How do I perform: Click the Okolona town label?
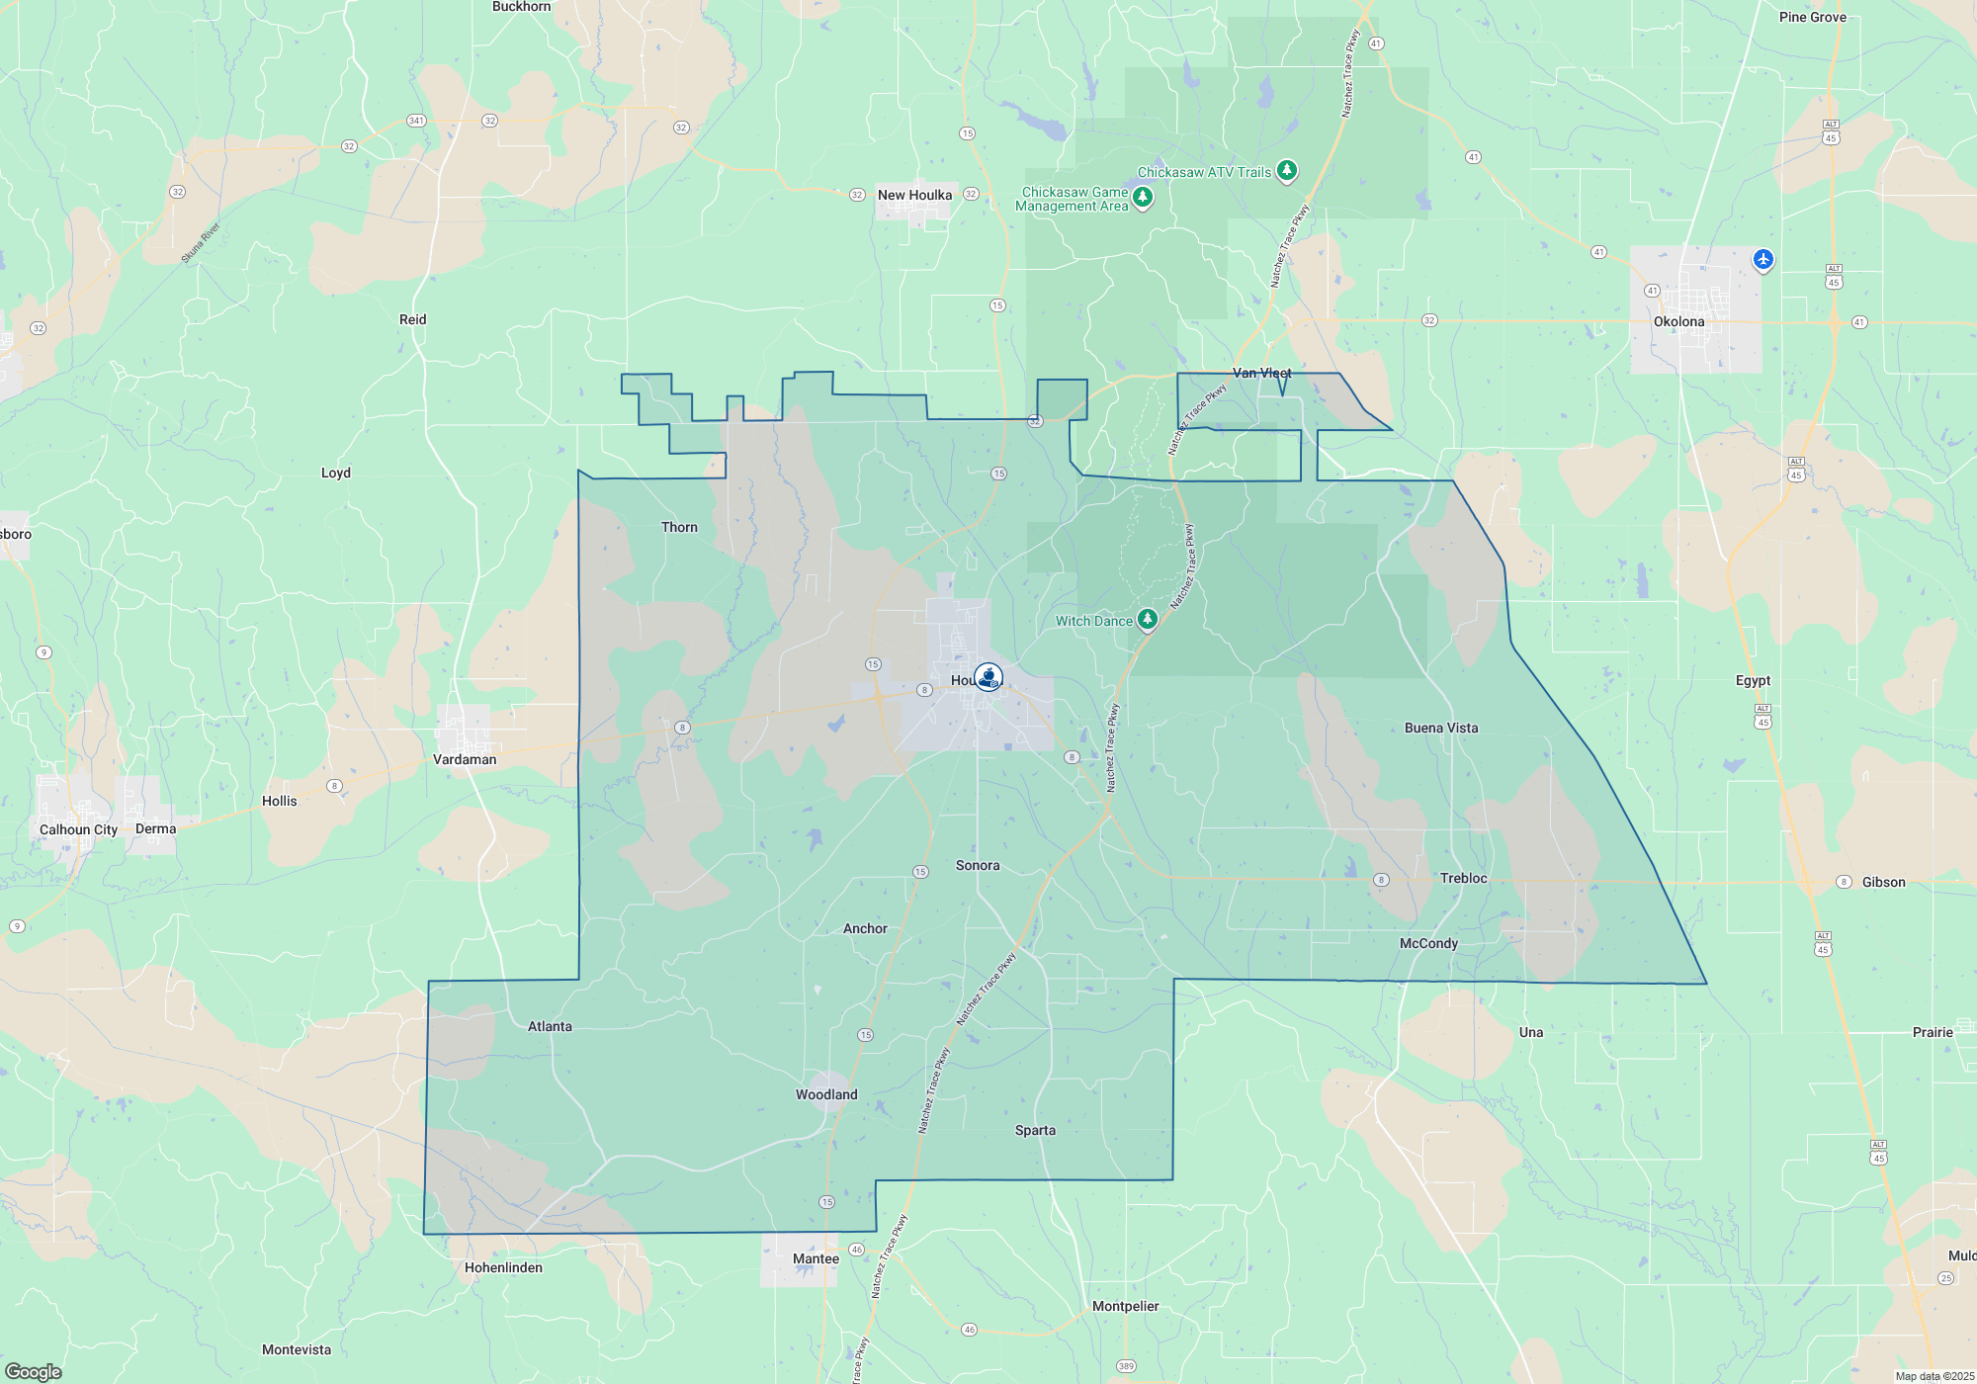coord(1678,321)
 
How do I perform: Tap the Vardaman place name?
coord(465,759)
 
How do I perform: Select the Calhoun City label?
coord(78,829)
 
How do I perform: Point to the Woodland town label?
coord(826,1094)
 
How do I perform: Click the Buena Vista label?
coord(1441,728)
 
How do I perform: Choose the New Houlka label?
coord(914,195)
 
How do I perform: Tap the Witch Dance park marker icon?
coord(1147,620)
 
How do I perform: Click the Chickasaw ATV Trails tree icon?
coord(1286,171)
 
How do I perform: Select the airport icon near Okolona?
coord(1762,259)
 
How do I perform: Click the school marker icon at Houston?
coord(988,677)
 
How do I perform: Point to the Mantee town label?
coord(816,1258)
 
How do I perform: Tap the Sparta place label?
coord(1035,1130)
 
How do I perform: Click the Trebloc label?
coord(1463,878)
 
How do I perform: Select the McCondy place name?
coord(1428,943)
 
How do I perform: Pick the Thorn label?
coord(679,527)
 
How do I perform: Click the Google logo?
coord(34,1372)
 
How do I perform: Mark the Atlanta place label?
coord(550,1026)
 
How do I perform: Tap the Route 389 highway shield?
coord(1126,1366)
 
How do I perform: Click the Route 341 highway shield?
coord(416,121)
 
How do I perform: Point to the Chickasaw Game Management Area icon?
coord(1143,198)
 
